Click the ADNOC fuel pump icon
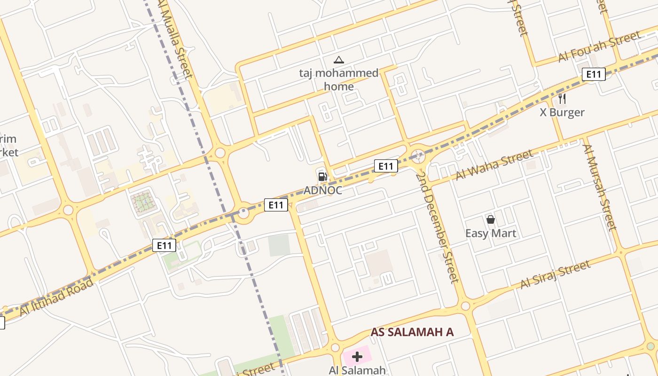tap(322, 177)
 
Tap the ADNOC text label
tap(322, 190)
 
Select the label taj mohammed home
tap(338, 79)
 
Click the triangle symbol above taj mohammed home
tap(338, 60)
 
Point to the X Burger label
tap(562, 112)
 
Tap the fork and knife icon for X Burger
tap(562, 99)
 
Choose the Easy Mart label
tap(491, 233)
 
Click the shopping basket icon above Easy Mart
tap(491, 219)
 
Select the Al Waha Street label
tap(494, 164)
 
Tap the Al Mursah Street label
tap(599, 187)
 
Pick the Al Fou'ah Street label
tap(599, 47)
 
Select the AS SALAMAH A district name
tap(412, 332)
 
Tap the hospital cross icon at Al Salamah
tap(357, 357)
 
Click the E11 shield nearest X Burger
tap(594, 74)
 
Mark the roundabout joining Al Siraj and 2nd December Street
tap(465, 306)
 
